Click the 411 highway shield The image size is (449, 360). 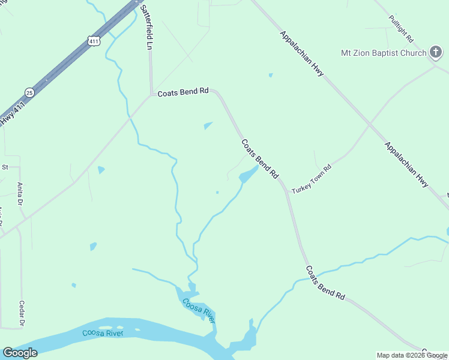tap(92, 41)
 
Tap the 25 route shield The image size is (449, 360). tap(29, 92)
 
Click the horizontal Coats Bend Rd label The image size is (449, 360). tap(182, 92)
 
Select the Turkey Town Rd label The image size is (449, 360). tap(312, 179)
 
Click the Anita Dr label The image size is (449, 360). tap(20, 193)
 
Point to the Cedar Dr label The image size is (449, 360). tap(22, 314)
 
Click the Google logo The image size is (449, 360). tap(20, 353)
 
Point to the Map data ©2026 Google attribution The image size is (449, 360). tap(412, 355)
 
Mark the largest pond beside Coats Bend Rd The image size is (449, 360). tap(247, 176)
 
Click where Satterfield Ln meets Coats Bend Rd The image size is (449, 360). tap(151, 94)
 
